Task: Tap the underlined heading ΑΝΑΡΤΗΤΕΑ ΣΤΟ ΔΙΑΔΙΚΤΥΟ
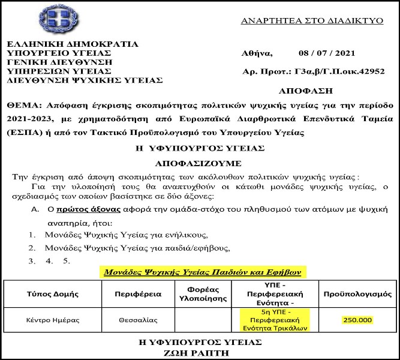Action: pos(311,20)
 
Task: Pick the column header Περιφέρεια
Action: pos(139,295)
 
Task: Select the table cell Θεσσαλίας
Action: pos(139,320)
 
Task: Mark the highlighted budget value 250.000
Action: pos(357,320)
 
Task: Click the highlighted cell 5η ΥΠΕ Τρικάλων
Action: pos(273,320)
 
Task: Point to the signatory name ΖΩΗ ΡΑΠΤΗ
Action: pos(199,353)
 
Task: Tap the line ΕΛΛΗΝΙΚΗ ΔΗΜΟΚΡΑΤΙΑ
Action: pos(73,44)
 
